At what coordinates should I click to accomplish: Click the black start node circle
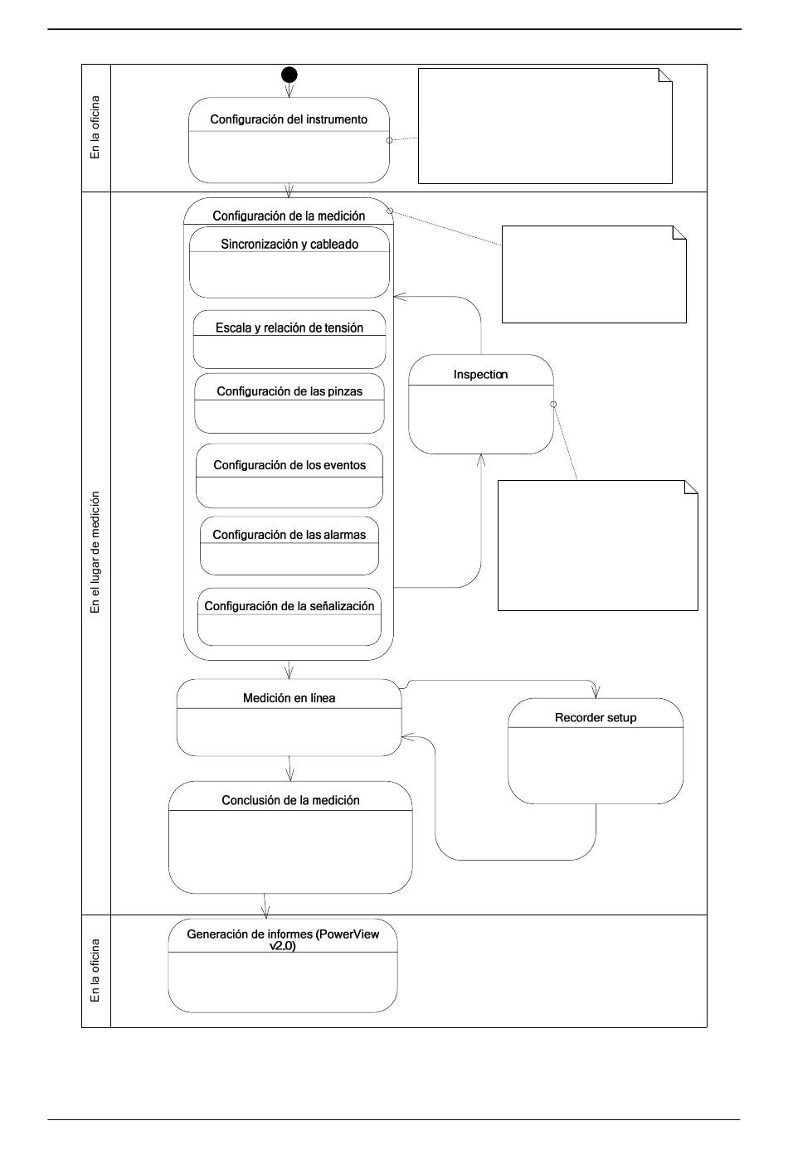[289, 75]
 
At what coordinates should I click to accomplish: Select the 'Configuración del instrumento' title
[289, 119]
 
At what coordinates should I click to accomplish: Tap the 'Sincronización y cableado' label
[289, 244]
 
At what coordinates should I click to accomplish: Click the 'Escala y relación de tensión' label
[289, 328]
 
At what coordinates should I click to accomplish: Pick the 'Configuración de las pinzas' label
[289, 391]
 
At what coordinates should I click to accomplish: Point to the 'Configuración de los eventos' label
[289, 464]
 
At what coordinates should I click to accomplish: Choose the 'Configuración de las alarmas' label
[289, 535]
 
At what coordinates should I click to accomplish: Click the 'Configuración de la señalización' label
[289, 606]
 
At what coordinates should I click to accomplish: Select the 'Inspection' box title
[480, 374]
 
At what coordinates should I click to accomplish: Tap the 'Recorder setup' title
[596, 717]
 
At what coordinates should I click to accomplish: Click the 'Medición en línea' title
[289, 697]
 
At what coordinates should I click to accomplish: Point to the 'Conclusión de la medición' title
[290, 800]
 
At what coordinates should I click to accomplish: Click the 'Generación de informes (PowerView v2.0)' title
[283, 939]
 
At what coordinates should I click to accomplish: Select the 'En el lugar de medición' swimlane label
[95, 552]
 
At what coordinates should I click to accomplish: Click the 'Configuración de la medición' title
[289, 216]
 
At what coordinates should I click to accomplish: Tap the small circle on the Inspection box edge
[553, 405]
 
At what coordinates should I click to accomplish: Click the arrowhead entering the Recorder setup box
[596, 691]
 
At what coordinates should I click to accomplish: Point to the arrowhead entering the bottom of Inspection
[481, 460]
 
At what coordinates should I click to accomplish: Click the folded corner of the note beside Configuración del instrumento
[665, 75]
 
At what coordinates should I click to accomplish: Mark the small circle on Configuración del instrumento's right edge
[389, 140]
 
